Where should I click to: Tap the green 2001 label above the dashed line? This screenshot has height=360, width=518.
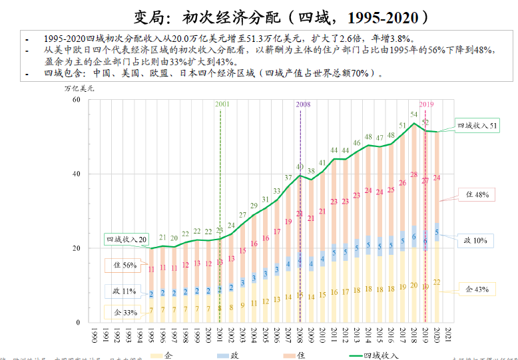coord(222,104)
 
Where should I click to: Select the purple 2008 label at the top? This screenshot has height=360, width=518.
coord(302,104)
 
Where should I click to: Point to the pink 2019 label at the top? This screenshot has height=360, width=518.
coord(426,104)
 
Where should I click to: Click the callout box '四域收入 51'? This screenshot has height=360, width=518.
coord(477,125)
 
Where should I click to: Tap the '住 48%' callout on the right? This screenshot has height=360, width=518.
coord(477,194)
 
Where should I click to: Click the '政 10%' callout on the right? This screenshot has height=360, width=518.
coord(477,240)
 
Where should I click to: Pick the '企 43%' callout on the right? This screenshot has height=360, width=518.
coord(477,289)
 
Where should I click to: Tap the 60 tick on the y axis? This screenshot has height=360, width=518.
coord(75,100)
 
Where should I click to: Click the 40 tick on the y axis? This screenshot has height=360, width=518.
coord(75,174)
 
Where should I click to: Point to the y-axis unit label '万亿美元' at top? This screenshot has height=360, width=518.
coord(79,88)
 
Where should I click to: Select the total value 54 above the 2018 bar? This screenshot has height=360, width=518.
coord(413,115)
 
